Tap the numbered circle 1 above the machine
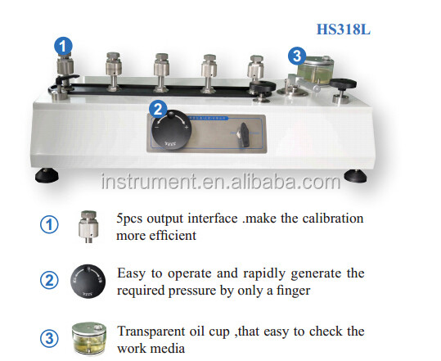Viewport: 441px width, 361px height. pyautogui.click(x=63, y=46)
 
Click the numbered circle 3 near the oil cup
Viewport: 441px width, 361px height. pyautogui.click(x=297, y=56)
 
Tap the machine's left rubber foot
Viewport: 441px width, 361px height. pyautogui.click(x=44, y=174)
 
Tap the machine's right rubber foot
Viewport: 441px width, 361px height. pyautogui.click(x=353, y=174)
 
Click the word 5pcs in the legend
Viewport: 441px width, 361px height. pyautogui.click(x=134, y=219)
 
